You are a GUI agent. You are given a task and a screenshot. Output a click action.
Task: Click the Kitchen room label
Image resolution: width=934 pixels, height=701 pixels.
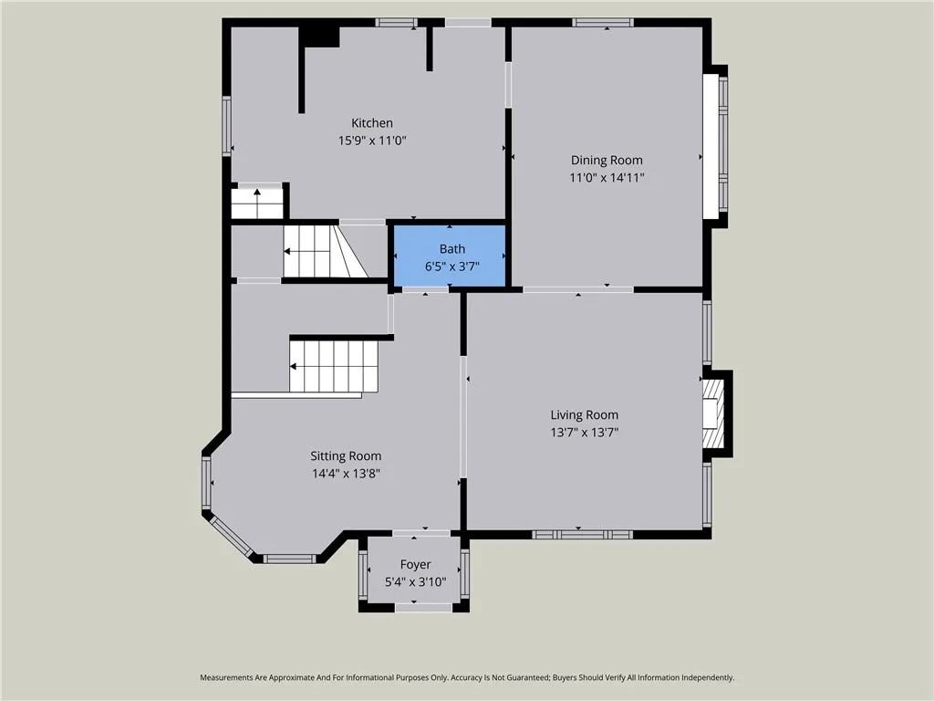pyautogui.click(x=372, y=123)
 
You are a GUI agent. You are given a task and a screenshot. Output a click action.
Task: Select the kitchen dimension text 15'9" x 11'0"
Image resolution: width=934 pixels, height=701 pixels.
pyautogui.click(x=372, y=141)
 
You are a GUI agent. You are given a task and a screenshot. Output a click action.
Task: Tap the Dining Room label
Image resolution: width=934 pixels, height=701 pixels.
pyautogui.click(x=607, y=161)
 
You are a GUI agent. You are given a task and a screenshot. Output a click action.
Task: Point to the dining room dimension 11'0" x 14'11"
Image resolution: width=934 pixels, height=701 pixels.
pyautogui.click(x=607, y=178)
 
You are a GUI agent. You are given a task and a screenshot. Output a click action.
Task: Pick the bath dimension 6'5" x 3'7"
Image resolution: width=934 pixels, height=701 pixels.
pyautogui.click(x=451, y=266)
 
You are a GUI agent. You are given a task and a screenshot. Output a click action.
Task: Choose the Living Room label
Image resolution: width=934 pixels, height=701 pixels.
pyautogui.click(x=584, y=415)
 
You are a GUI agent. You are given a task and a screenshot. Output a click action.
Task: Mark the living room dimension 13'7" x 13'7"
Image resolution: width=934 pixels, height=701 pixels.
pyautogui.click(x=584, y=433)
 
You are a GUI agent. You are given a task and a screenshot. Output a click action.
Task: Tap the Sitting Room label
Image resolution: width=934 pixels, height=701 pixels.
pyautogui.click(x=346, y=456)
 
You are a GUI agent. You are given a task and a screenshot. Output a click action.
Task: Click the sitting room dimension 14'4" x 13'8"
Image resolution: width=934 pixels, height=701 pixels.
pyautogui.click(x=346, y=474)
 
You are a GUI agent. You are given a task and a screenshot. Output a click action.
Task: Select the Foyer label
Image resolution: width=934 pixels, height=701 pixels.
pyautogui.click(x=416, y=565)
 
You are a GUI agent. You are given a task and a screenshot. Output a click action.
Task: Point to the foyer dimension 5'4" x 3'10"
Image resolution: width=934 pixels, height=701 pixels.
pyautogui.click(x=416, y=581)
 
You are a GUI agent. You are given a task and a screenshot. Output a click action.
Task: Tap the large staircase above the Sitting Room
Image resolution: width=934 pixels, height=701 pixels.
pyautogui.click(x=334, y=366)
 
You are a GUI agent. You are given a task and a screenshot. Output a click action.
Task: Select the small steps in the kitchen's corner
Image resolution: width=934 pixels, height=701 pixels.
pyautogui.click(x=257, y=203)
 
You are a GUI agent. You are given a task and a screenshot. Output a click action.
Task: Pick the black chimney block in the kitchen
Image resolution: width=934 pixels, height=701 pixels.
pyautogui.click(x=320, y=36)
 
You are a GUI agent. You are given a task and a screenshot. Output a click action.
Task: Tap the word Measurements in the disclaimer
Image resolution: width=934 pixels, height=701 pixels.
pyautogui.click(x=229, y=678)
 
